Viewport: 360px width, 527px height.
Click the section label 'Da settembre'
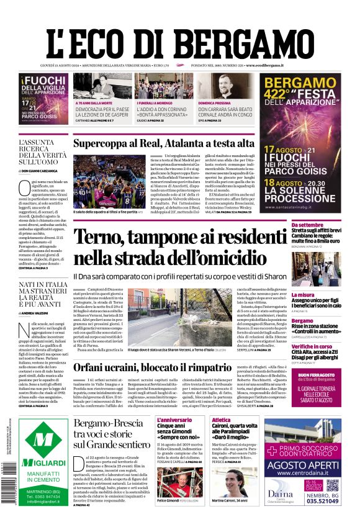(x=307, y=224)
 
